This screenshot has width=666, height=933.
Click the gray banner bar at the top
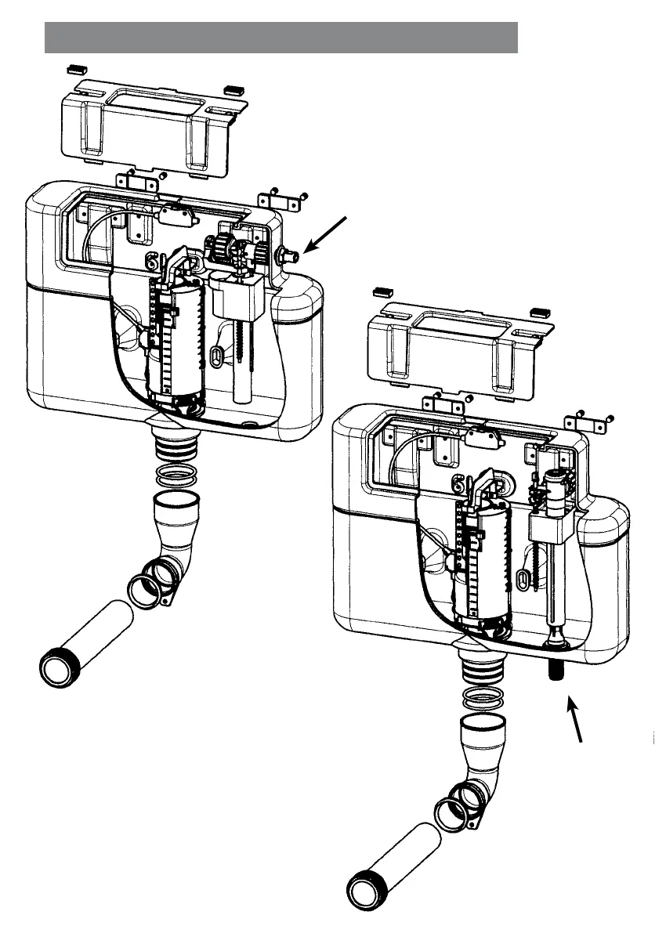tap(281, 38)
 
